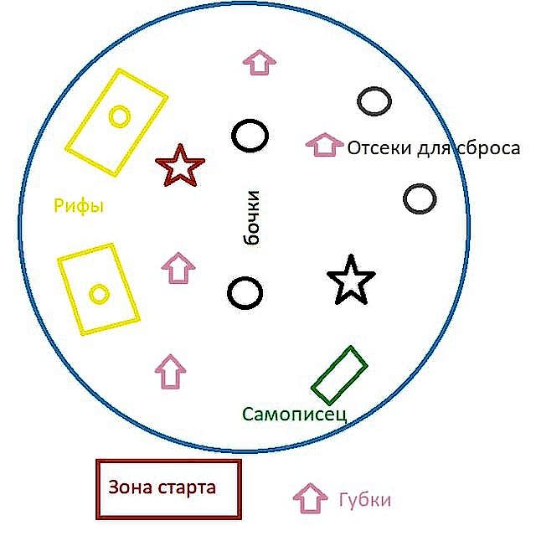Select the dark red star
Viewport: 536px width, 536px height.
pyautogui.click(x=179, y=166)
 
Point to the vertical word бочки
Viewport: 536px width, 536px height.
pyautogui.click(x=251, y=218)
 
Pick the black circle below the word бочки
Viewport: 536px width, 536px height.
pyautogui.click(x=244, y=293)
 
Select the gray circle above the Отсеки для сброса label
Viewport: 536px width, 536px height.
pyautogui.click(x=374, y=101)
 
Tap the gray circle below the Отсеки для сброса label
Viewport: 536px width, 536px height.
pyautogui.click(x=420, y=198)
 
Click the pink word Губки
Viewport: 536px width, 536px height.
pyautogui.click(x=364, y=500)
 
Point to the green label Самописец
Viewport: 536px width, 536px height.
pyautogui.click(x=294, y=414)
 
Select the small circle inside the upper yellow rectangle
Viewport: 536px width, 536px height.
pyautogui.click(x=120, y=116)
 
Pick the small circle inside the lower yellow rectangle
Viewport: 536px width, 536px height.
pyautogui.click(x=99, y=293)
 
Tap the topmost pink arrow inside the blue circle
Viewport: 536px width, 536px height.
pyautogui.click(x=260, y=61)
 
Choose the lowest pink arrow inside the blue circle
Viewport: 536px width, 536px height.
pyautogui.click(x=171, y=371)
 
